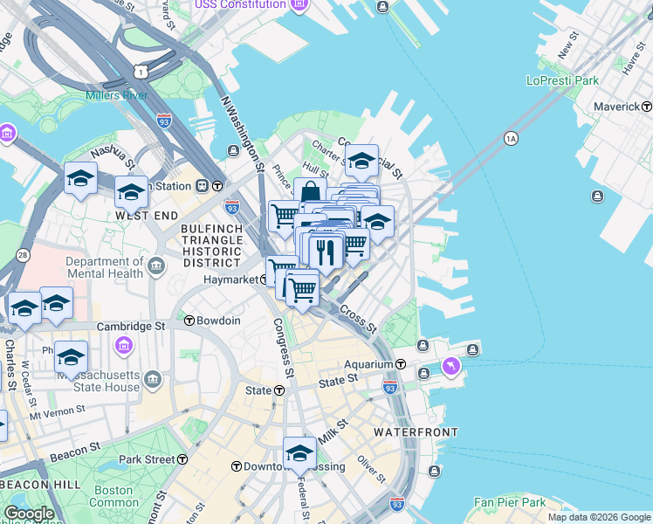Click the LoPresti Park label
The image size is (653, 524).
point(562,80)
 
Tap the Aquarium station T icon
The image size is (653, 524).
point(401,364)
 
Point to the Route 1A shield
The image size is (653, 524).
point(512,138)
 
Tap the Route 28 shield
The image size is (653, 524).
point(23,255)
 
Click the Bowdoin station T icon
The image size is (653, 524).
point(189,321)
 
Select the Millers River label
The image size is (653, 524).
point(116,95)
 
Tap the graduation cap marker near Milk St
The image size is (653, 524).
point(299,453)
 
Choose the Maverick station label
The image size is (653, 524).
point(616,107)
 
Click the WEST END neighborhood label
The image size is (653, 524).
point(146,215)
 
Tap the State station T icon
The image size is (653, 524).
point(279,390)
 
